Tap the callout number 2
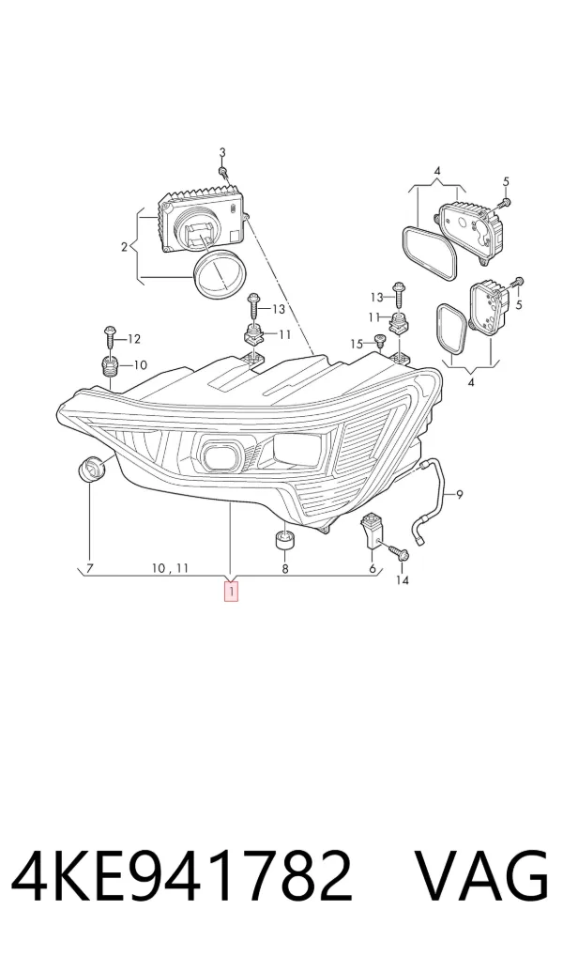coord(124,247)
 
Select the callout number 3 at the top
coord(222,152)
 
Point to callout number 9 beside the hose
coord(459,495)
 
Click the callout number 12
coord(134,339)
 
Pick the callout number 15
coord(358,345)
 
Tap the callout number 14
coord(403,579)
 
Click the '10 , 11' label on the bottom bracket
coord(170,568)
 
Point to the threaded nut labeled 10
coord(108,367)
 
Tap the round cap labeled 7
coord(92,469)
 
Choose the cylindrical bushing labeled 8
coord(284,540)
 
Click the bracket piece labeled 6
coord(371,531)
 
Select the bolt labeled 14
coord(397,550)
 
